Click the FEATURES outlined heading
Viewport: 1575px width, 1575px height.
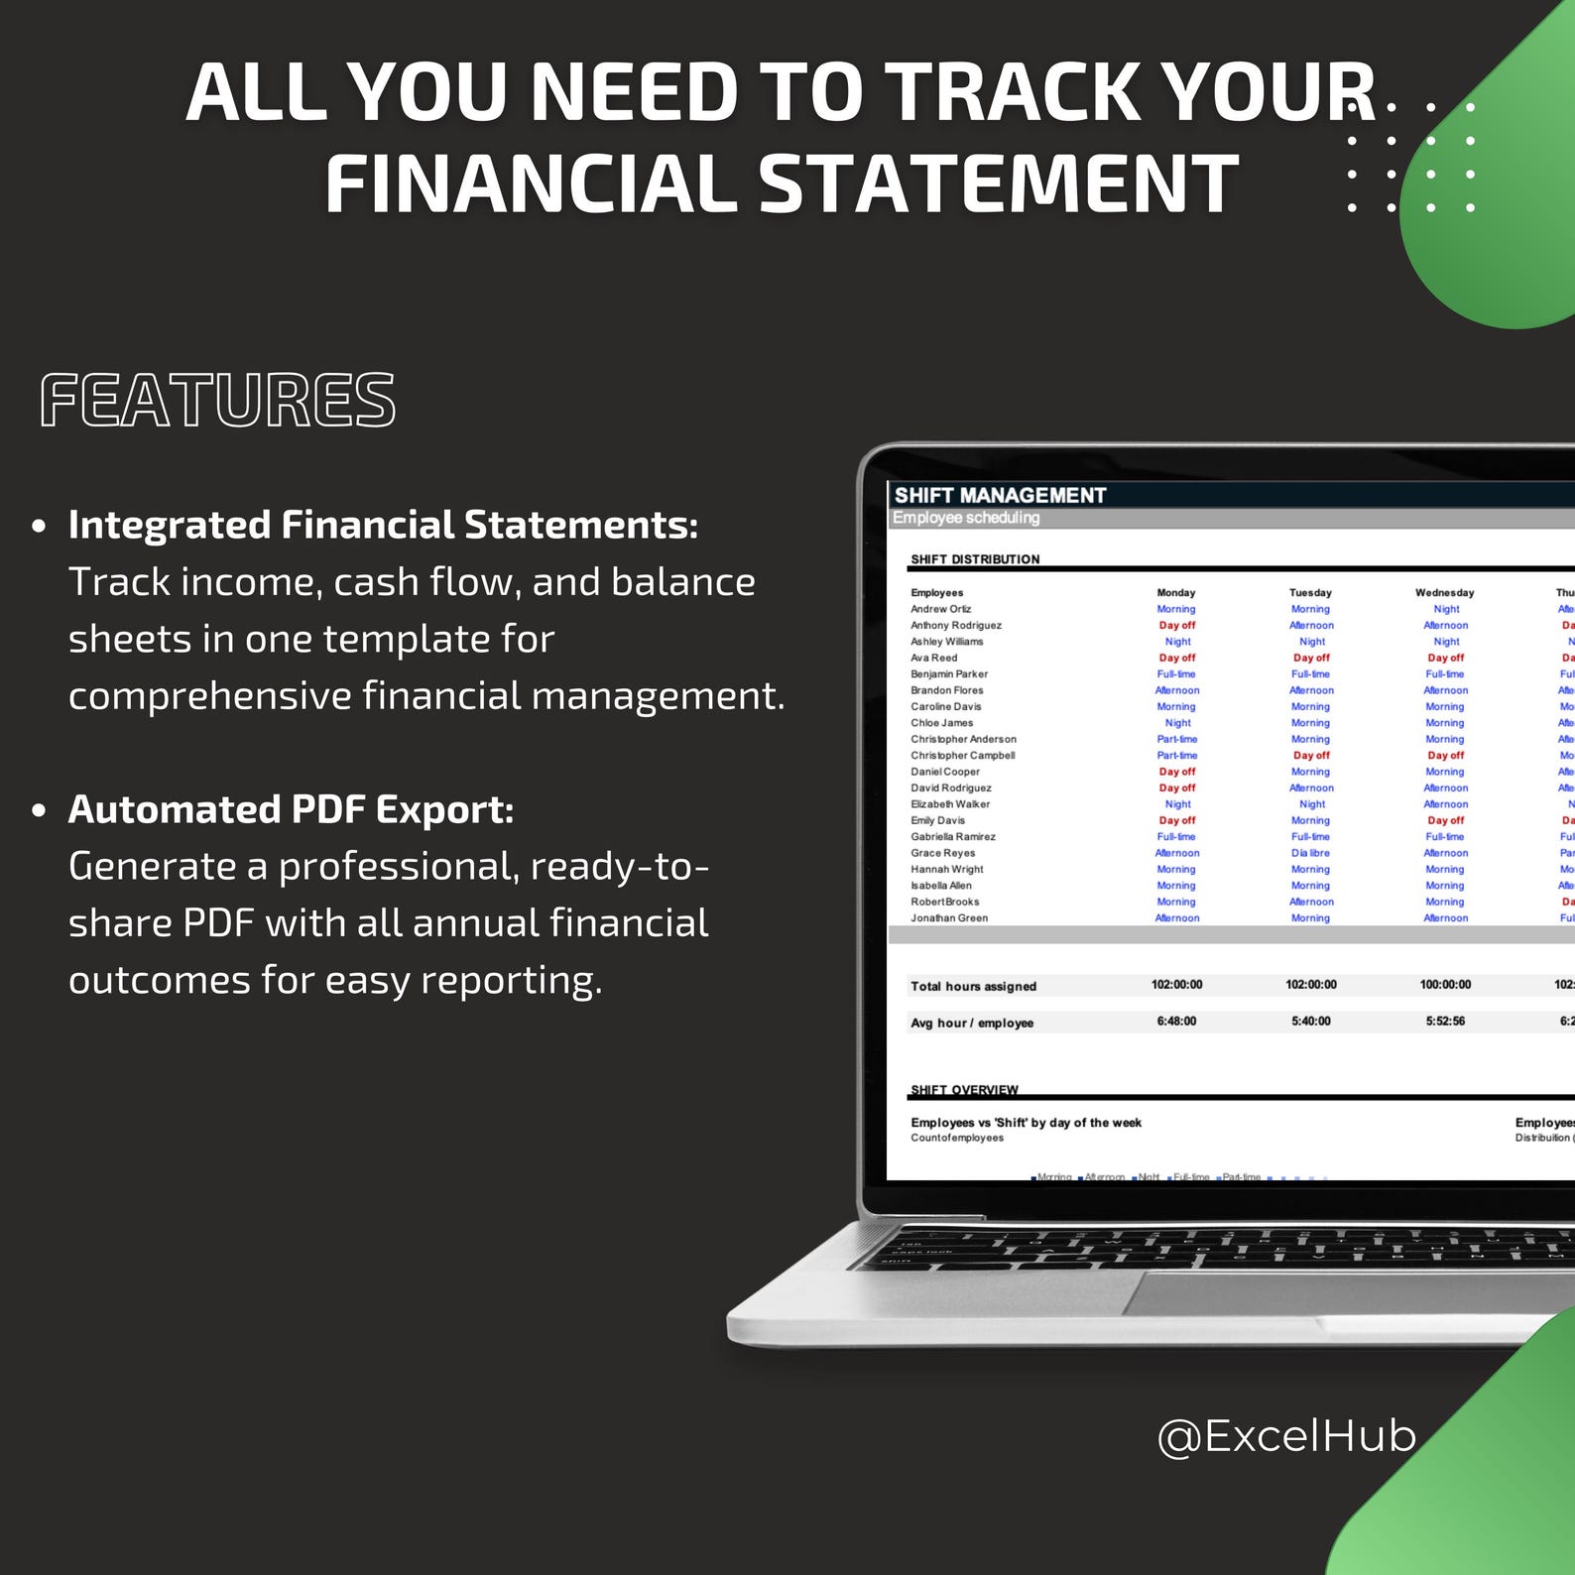coord(217,400)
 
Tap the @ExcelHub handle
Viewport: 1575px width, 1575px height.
coord(1286,1435)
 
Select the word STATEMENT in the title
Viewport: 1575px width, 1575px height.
coord(999,184)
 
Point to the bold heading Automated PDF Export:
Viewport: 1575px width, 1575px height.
coord(291,809)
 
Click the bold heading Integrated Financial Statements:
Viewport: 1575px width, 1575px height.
coord(383,525)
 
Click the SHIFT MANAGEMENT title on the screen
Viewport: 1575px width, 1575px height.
coord(1000,495)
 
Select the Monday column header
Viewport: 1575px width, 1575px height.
coord(1176,592)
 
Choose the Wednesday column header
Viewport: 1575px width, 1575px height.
coord(1444,592)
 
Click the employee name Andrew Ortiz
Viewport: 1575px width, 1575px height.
coord(941,609)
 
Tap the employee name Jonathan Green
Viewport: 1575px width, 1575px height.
coord(949,917)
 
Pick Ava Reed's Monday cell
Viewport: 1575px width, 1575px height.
coord(1177,658)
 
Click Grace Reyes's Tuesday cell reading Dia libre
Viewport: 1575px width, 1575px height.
coord(1310,853)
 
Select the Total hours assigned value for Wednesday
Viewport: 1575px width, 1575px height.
coord(1445,985)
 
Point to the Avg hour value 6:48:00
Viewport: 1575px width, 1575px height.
coord(1176,1022)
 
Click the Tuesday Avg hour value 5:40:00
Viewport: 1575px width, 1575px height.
coord(1310,1022)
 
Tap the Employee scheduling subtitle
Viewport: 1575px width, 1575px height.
coord(966,518)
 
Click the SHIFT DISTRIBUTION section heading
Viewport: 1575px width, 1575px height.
coord(975,559)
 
